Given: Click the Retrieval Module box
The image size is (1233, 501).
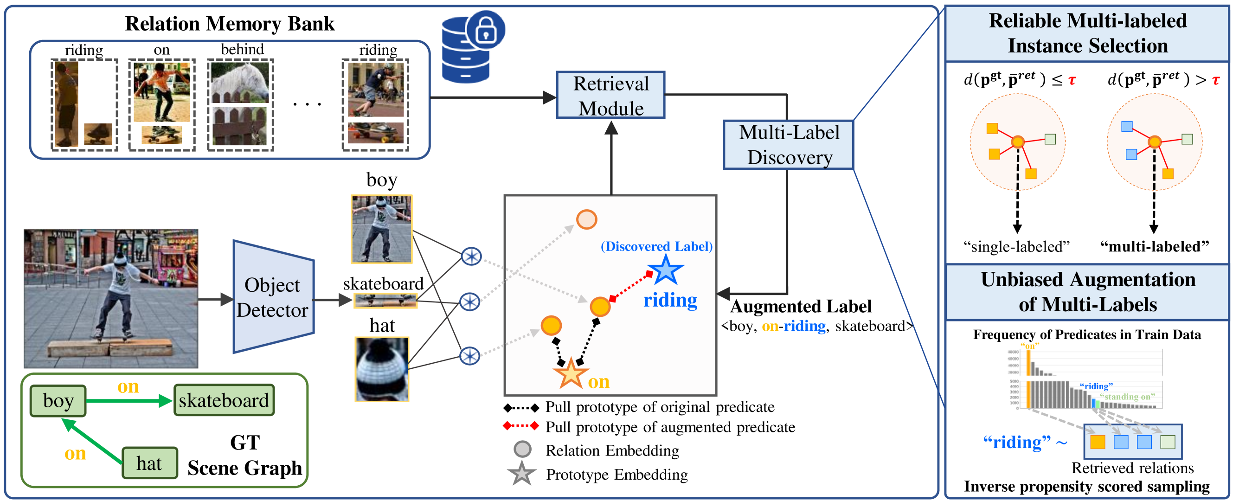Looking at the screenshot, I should coord(610,95).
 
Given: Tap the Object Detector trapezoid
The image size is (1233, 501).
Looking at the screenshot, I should coord(273,297).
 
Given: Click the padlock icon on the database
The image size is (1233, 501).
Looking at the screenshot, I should coord(485,30).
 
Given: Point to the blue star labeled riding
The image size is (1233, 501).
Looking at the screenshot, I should coord(665,270).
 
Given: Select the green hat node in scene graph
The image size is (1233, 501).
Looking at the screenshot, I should coord(149,462).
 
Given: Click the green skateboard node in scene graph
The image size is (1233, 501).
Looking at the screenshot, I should coord(224,400).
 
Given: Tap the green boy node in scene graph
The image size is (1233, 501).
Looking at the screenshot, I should coord(58,400).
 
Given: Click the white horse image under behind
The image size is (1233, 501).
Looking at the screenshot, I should coord(240,82).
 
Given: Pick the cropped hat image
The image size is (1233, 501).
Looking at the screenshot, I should coord(381,369).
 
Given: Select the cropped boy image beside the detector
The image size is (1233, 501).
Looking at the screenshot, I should coord(381,229).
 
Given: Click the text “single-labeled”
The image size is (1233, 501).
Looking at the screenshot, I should coord(1016,246).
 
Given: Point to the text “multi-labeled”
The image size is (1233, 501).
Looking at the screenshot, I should coord(1154,246).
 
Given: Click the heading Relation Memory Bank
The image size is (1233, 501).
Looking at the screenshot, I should coord(230,24).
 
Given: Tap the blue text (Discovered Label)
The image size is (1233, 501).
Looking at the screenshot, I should coord(656,246).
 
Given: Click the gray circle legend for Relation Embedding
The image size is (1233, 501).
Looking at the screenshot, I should coord(522,449).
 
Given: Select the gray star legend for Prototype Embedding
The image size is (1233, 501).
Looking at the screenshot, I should coord(521,474).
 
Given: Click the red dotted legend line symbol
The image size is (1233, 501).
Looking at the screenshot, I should coord(521,426).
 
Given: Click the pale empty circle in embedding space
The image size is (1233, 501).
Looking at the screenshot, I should coord(586,219).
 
